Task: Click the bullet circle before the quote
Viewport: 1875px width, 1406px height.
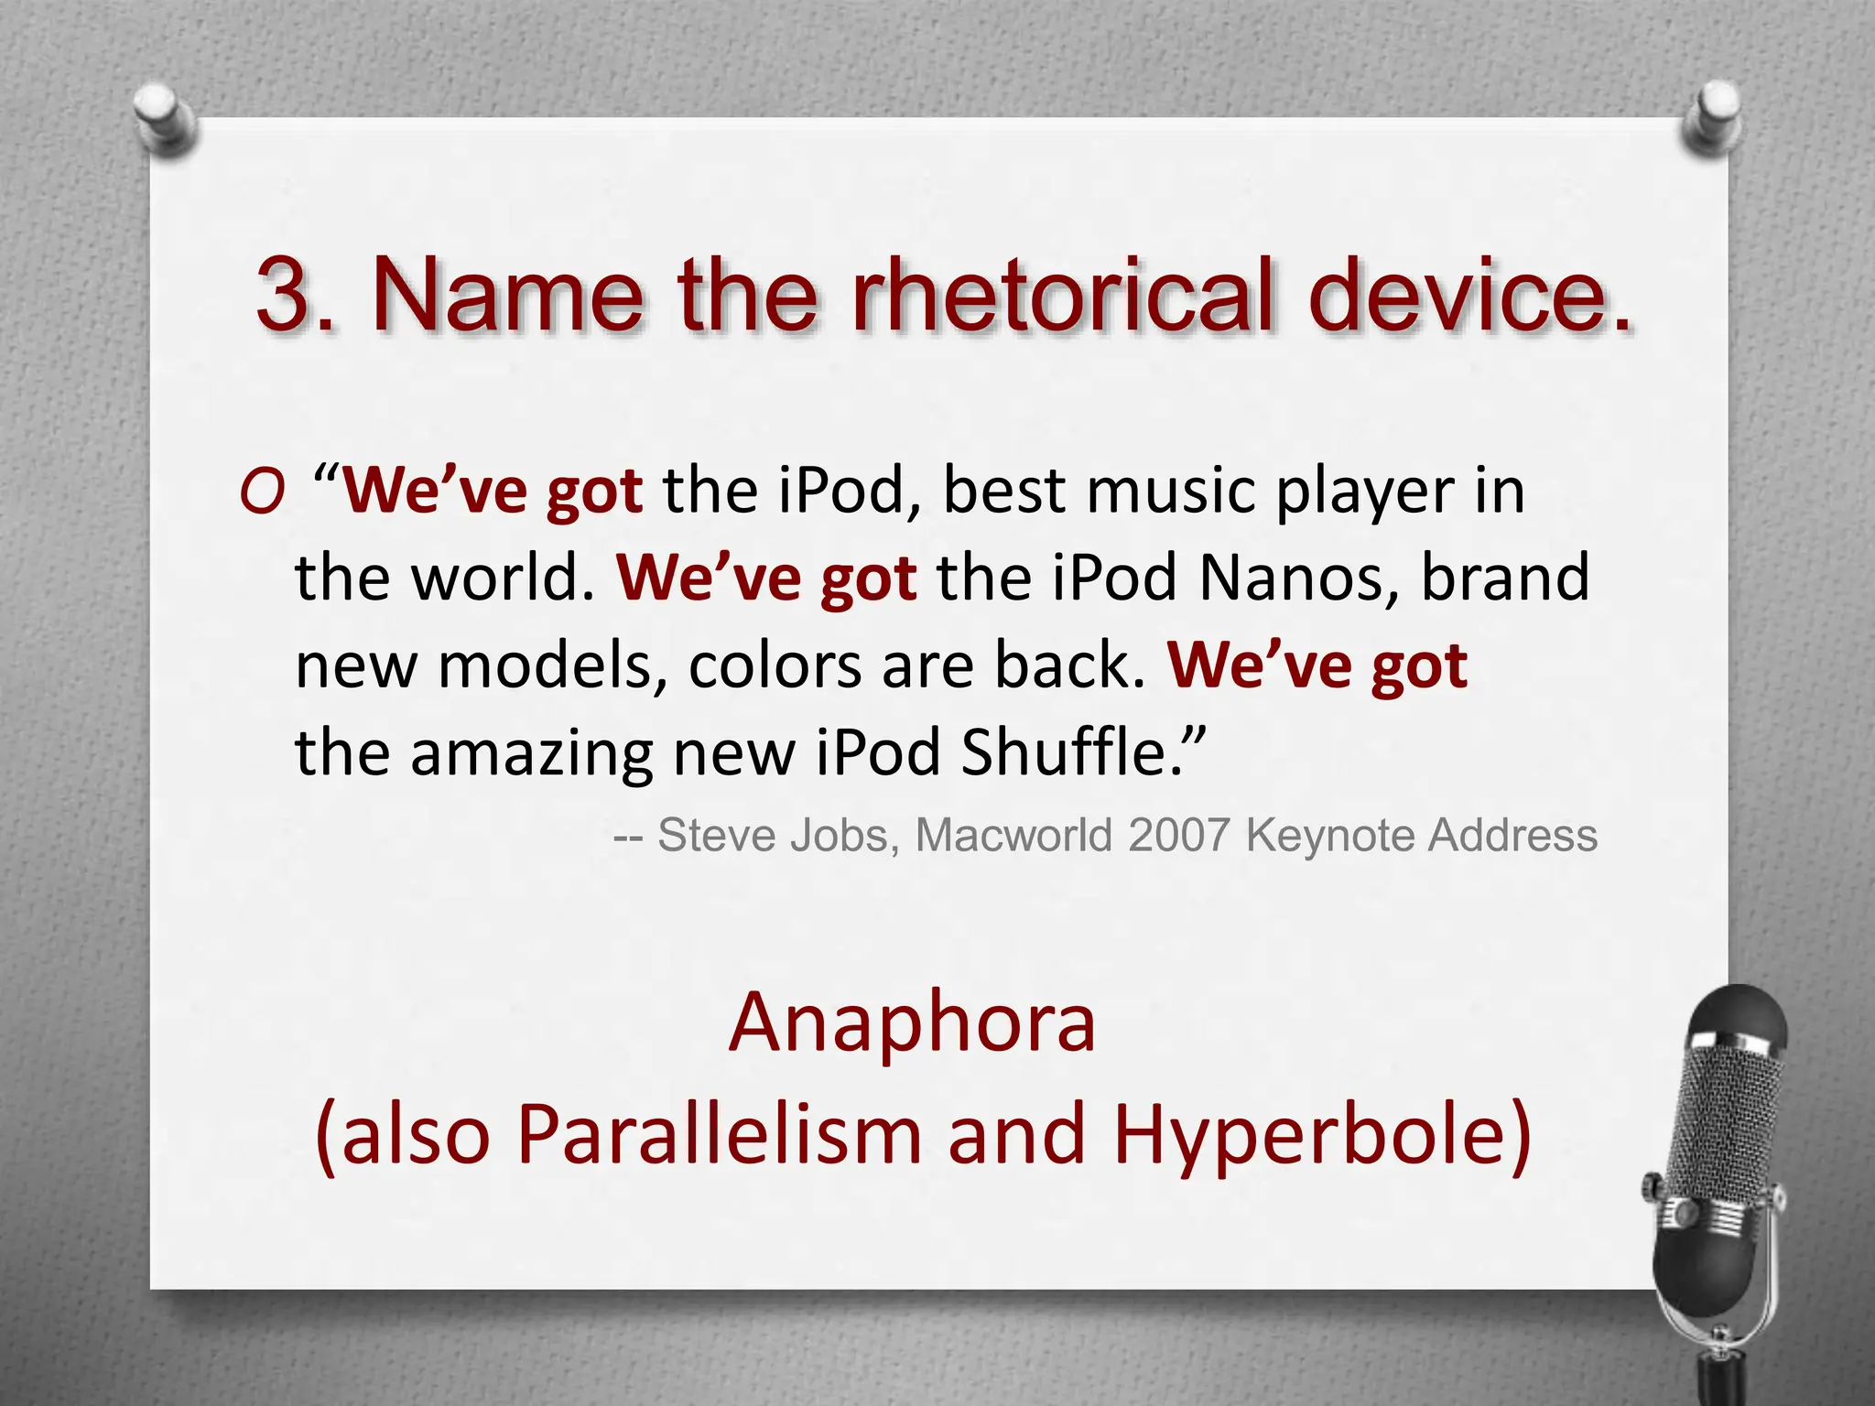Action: pyautogui.click(x=262, y=495)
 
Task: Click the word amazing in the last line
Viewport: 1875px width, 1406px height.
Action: pyautogui.click(x=531, y=752)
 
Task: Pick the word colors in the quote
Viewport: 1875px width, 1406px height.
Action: pyautogui.click(x=775, y=665)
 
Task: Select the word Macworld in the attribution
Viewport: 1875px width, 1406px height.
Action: pyautogui.click(x=1014, y=835)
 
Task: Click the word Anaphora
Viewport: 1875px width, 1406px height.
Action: pyautogui.click(x=912, y=1023)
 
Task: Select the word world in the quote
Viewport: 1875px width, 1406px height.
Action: pyautogui.click(x=495, y=579)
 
